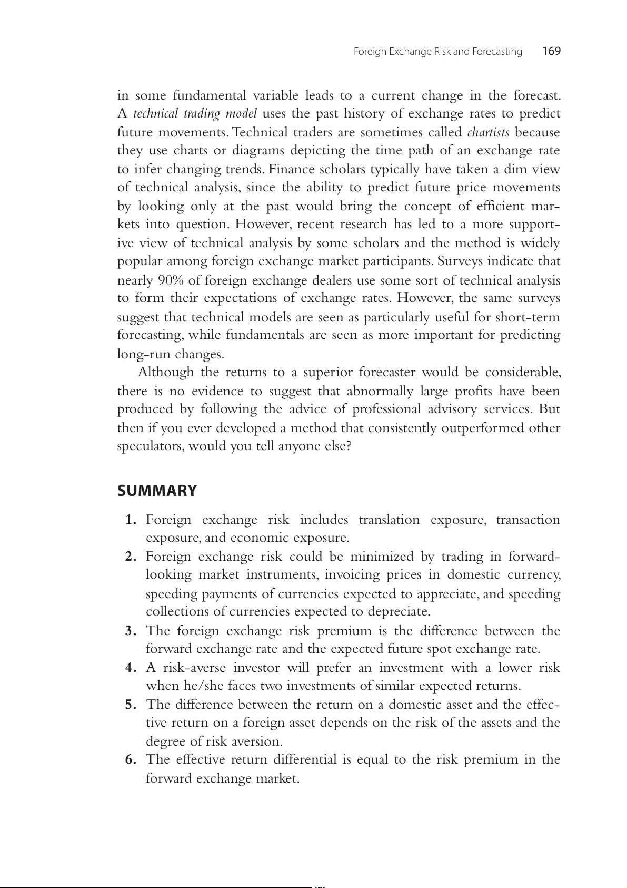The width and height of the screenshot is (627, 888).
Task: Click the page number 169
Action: click(x=551, y=51)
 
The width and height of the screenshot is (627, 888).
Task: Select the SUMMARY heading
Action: click(x=157, y=491)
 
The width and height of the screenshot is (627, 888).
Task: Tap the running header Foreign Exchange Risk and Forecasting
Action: click(x=437, y=52)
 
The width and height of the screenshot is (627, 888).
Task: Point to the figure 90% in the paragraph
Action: click(x=171, y=280)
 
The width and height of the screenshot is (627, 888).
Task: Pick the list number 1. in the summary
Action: click(x=131, y=520)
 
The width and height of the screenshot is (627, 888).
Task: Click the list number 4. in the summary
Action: click(x=131, y=668)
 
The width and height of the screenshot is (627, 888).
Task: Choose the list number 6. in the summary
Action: click(x=131, y=760)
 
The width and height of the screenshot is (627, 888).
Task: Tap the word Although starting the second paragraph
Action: click(x=166, y=373)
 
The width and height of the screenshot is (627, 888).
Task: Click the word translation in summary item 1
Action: click(x=389, y=520)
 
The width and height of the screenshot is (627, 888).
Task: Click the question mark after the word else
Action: click(x=348, y=446)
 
